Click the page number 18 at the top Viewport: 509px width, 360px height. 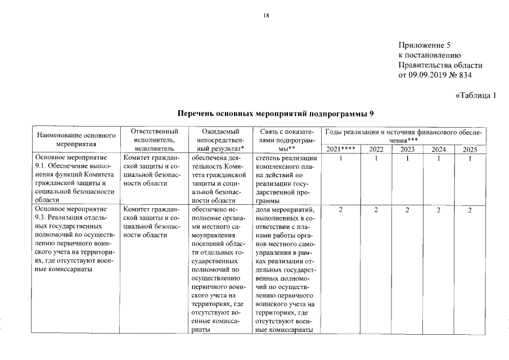[x=267, y=16]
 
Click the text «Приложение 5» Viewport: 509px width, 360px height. [x=424, y=44]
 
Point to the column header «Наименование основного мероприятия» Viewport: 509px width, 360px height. [x=76, y=139]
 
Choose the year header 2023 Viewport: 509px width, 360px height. [x=407, y=149]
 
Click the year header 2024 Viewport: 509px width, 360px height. [x=438, y=149]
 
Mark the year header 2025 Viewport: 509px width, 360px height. [x=469, y=149]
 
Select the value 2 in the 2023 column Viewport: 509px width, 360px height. [x=407, y=210]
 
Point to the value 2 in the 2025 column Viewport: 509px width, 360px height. [x=469, y=210]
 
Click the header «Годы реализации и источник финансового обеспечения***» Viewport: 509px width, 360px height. [x=404, y=134]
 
